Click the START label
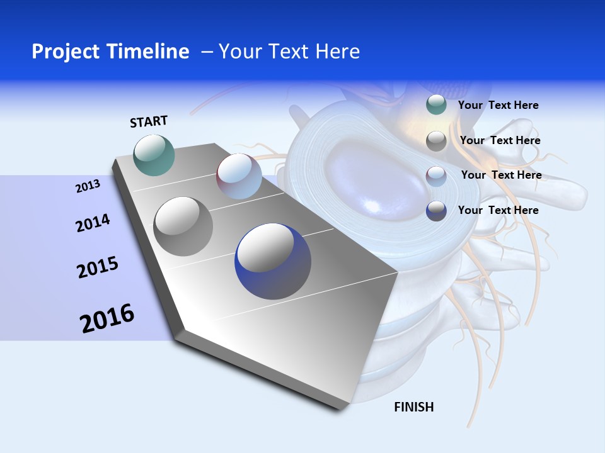coord(149,121)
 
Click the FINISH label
coord(413,407)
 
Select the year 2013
coord(88,186)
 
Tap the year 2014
coord(93,223)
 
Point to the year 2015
coord(98,268)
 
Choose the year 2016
coord(107,318)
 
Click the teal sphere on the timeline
coord(154,155)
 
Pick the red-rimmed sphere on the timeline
coord(239,176)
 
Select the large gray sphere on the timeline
coord(183,226)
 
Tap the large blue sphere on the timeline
coord(273,261)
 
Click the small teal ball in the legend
coord(436,105)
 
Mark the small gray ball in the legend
coord(436,141)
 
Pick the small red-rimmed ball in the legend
coord(436,176)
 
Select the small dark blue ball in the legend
coord(436,211)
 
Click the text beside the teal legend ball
coord(498,105)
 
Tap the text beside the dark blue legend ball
coord(498,210)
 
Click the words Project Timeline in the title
coord(110,52)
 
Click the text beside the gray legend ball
coord(500,140)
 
